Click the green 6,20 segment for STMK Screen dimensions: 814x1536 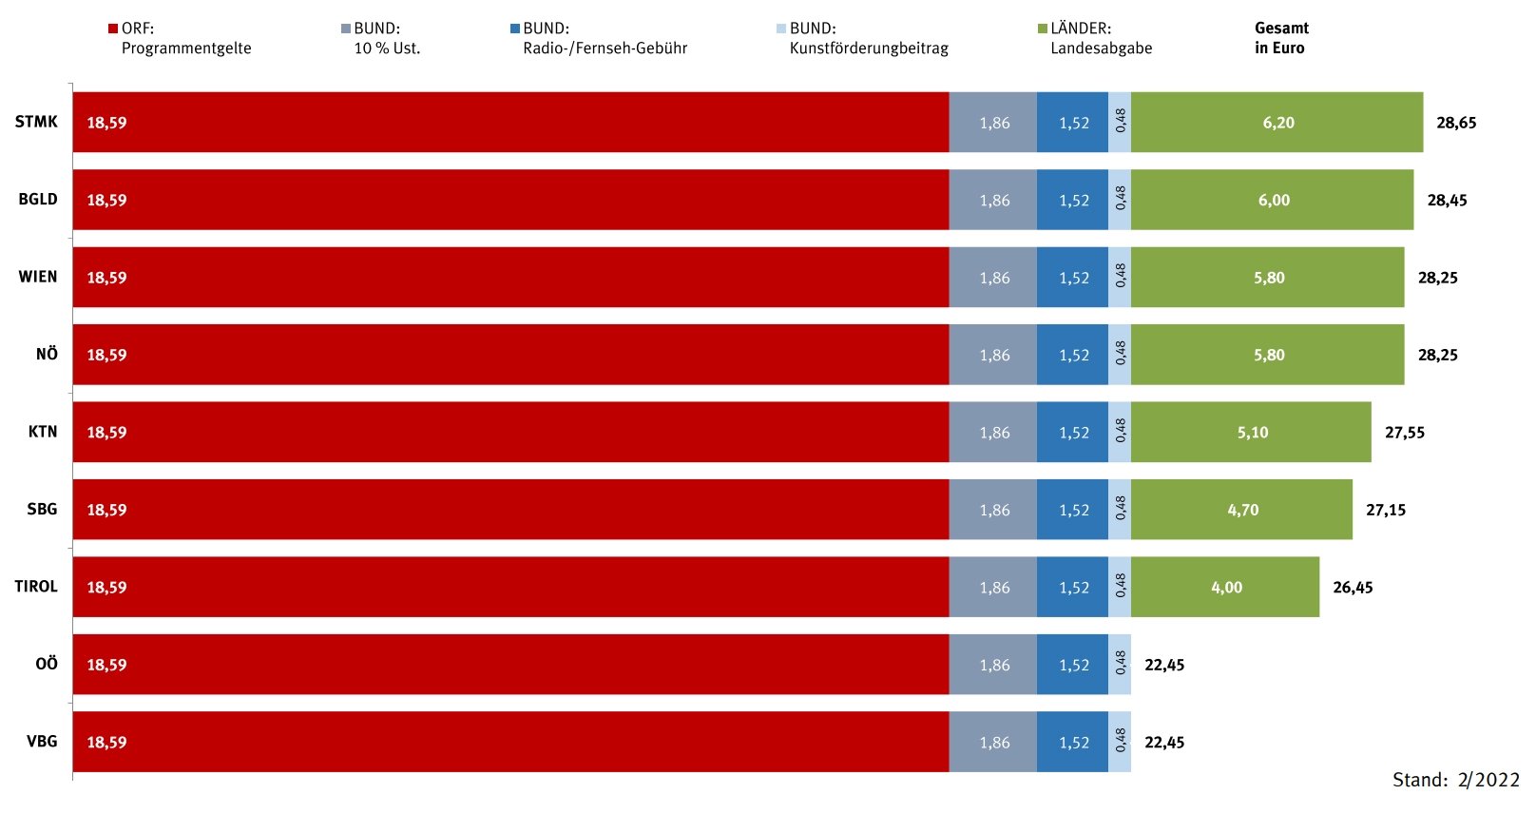point(1277,123)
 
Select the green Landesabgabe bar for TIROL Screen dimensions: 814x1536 point(1224,588)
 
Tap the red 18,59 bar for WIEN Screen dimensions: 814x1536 point(510,278)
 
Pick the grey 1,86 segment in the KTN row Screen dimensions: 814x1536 point(993,433)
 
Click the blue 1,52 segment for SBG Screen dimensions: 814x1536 point(1072,511)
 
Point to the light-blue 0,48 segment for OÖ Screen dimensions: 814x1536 point(1120,665)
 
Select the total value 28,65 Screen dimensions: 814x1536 point(1455,123)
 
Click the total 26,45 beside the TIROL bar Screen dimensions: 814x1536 point(1352,588)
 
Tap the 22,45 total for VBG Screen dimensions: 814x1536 point(1163,743)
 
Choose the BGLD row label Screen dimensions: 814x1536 point(38,200)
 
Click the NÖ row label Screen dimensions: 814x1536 point(47,355)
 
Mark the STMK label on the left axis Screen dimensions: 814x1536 point(36,122)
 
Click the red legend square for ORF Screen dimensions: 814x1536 point(113,29)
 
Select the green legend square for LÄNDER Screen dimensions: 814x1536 point(1042,29)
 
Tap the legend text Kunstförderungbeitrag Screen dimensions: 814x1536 point(869,48)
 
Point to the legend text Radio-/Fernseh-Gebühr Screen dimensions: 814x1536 point(605,48)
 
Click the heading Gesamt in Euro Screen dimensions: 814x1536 point(1280,38)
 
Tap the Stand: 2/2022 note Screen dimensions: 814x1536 point(1455,781)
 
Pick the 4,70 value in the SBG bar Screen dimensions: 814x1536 point(1242,511)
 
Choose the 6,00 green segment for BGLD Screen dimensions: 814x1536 point(1273,201)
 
